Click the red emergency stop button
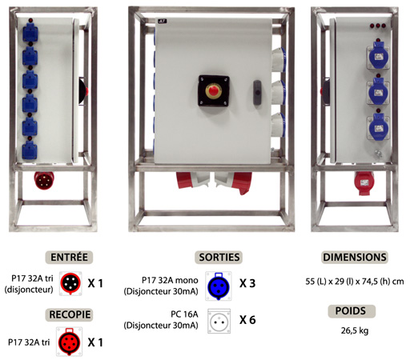[213, 90]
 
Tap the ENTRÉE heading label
[69, 258]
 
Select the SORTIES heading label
[219, 258]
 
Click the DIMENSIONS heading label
[355, 258]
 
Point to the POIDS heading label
[352, 311]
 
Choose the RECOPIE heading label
[69, 314]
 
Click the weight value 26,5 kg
[355, 330]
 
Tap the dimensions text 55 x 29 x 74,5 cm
[355, 282]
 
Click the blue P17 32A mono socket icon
[219, 286]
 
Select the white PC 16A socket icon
[219, 322]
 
